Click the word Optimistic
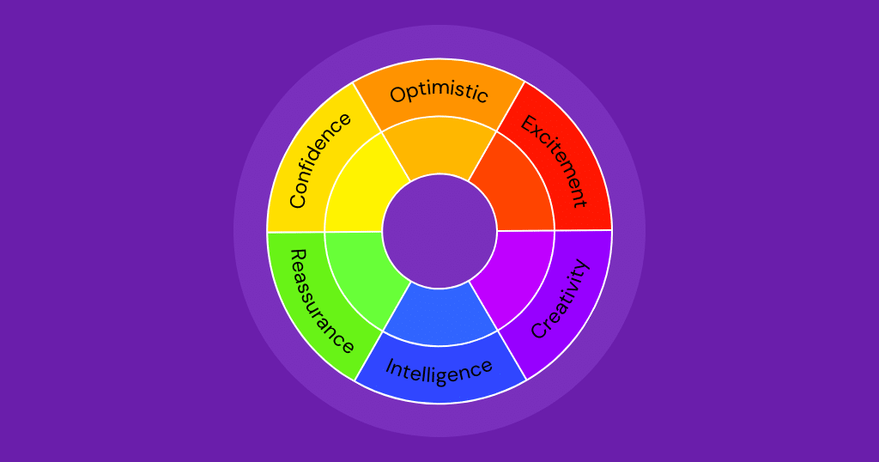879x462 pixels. [x=439, y=92]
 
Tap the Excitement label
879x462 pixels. [x=555, y=161]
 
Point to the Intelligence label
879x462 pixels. [x=439, y=370]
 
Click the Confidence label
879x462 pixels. [x=319, y=161]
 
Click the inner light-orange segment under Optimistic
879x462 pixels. [x=439, y=146]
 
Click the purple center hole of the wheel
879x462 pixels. [x=439, y=231]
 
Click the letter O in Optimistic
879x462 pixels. [x=398, y=95]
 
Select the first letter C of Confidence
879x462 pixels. [x=298, y=202]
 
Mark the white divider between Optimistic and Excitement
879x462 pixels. [x=511, y=107]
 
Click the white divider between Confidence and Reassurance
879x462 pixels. [x=296, y=232]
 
